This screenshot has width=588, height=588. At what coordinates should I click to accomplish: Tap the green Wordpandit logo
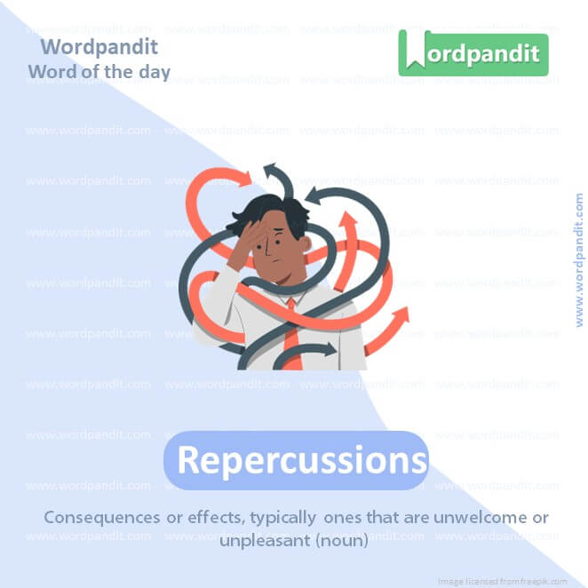coord(473,53)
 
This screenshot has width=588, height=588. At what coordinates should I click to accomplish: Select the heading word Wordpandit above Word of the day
coord(99,46)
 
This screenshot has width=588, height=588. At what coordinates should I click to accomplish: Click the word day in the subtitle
coord(153,71)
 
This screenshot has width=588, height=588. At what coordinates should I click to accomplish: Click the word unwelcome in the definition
coord(472,517)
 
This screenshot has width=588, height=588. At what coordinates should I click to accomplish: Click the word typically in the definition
coord(282,517)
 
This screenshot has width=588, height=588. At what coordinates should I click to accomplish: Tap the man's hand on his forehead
coord(251,233)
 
